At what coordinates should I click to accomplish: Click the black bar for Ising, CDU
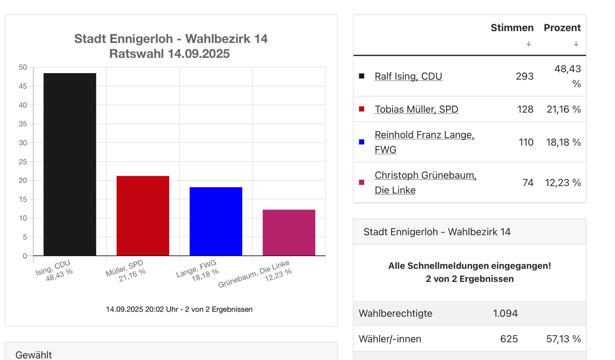[x=70, y=164]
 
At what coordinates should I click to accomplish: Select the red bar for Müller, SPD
[x=143, y=215]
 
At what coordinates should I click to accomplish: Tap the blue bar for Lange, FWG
[x=216, y=221]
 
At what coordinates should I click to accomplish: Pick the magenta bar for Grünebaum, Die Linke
[x=289, y=232]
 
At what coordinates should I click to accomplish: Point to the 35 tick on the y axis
[x=23, y=124]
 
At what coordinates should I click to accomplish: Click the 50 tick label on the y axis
[x=23, y=67]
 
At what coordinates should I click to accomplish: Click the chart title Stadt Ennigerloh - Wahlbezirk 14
[x=171, y=39]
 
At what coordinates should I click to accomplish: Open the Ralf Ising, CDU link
[x=408, y=76]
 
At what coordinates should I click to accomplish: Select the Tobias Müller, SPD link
[x=416, y=109]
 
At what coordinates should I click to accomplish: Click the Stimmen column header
[x=512, y=28]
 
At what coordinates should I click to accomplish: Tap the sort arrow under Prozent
[x=576, y=44]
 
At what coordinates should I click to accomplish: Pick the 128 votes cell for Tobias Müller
[x=525, y=109]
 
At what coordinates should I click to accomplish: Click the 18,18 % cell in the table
[x=563, y=142]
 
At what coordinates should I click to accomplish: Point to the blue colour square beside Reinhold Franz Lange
[x=362, y=142]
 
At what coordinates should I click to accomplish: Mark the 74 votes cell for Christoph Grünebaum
[x=528, y=183]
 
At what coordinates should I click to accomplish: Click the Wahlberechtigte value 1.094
[x=505, y=313]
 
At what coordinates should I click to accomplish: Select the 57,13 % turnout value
[x=563, y=339]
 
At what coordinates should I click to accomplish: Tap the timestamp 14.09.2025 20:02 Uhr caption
[x=179, y=309]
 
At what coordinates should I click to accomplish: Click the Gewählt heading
[x=34, y=355]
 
